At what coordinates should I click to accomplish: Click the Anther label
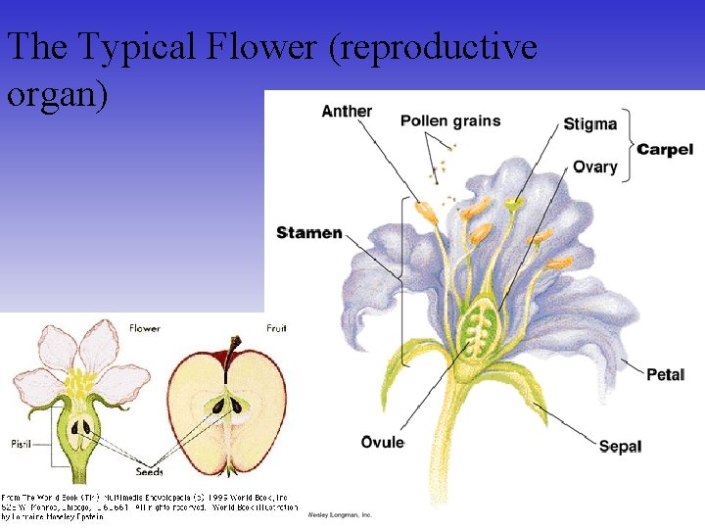347,111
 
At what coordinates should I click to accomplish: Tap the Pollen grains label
450,121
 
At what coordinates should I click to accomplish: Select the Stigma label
590,124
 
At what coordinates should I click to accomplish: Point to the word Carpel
665,149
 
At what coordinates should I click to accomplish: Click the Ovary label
595,167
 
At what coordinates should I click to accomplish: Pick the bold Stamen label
309,233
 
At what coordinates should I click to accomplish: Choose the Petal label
665,374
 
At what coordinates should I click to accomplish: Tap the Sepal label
620,446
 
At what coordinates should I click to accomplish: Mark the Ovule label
383,443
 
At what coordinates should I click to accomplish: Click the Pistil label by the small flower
21,444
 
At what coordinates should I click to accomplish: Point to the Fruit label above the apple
277,328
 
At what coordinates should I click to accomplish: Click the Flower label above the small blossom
145,328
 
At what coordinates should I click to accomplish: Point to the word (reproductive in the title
435,46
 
